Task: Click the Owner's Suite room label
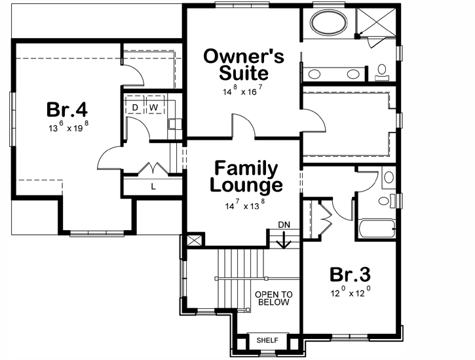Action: (244, 64)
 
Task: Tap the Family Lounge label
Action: (246, 177)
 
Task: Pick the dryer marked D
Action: (135, 106)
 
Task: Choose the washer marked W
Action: (155, 106)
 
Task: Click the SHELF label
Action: (267, 341)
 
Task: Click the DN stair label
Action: (284, 224)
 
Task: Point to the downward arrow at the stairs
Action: (284, 241)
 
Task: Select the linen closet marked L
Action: (153, 186)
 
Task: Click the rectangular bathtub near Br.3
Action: (377, 230)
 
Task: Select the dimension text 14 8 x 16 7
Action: (244, 91)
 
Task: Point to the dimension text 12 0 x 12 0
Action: (350, 294)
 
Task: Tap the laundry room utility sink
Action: (174, 122)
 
